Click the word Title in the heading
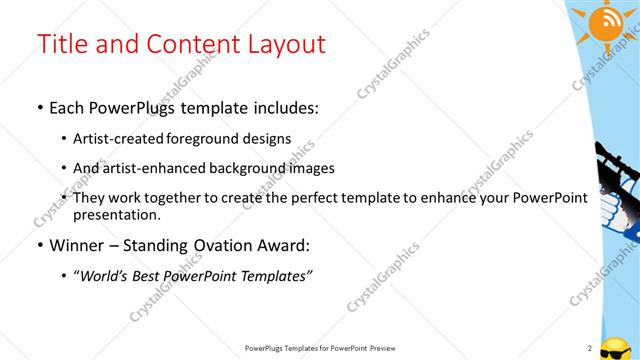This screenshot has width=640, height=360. [59, 44]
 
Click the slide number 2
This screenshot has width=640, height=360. [590, 348]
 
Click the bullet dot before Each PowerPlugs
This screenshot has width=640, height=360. [39, 108]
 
